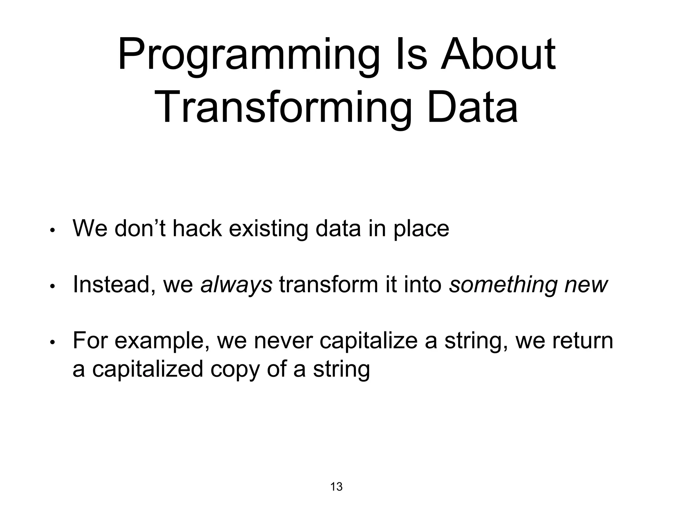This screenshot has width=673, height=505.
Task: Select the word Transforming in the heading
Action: tap(283, 108)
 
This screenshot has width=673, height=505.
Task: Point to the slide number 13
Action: tap(336, 487)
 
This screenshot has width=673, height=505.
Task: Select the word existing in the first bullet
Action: tap(268, 229)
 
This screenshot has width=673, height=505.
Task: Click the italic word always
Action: tap(236, 285)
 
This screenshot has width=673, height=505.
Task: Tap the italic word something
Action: tap(503, 285)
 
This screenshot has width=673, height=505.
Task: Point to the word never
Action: tap(283, 341)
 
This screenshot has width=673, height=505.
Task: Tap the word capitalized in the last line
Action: tap(148, 370)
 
